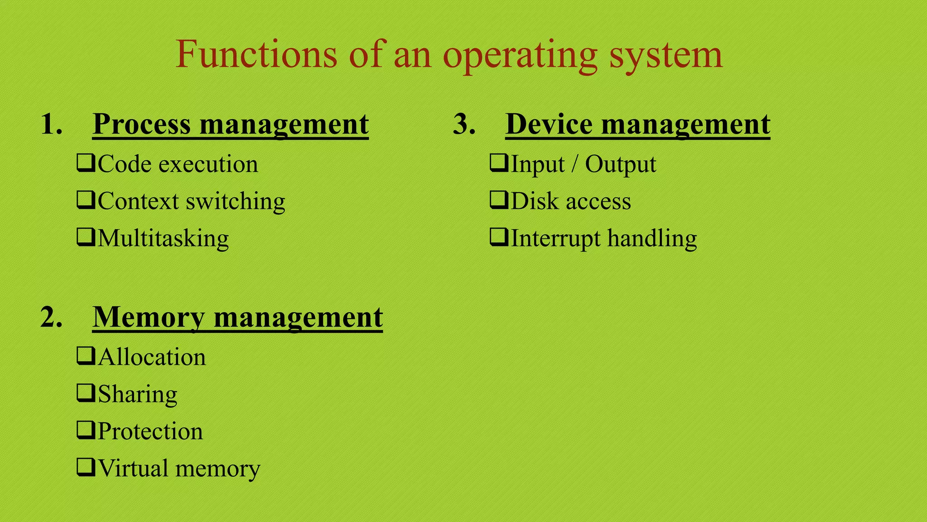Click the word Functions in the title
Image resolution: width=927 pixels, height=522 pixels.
[256, 54]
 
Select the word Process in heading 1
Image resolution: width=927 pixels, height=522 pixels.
[142, 124]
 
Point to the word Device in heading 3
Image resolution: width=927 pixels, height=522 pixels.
[549, 124]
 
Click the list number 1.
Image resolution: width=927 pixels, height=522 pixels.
[51, 124]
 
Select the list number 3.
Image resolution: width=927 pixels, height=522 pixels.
[464, 124]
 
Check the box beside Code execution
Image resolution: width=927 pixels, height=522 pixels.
[86, 163]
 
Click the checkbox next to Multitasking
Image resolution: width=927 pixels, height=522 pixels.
[86, 237]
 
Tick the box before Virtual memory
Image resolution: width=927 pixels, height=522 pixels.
[86, 467]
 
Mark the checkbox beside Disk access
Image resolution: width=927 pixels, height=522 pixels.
[499, 200]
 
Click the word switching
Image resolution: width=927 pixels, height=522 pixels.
[236, 202]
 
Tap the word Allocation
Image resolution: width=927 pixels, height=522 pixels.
[152, 357]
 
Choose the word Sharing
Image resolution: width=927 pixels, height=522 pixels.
[138, 395]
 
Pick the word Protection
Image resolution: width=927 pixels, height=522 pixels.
[150, 431]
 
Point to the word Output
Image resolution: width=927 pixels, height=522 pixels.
[621, 164]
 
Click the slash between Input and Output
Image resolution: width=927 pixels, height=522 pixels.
[574, 164]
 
